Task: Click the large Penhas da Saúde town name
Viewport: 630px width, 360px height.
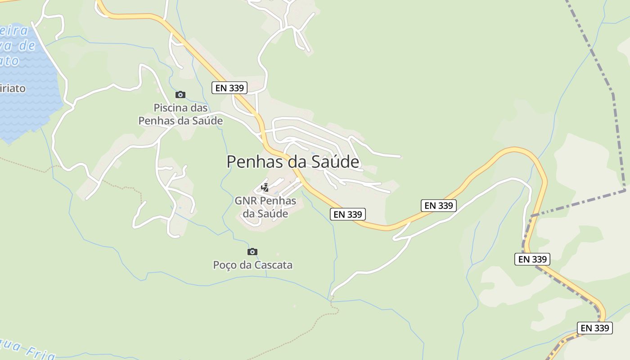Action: [x=293, y=162]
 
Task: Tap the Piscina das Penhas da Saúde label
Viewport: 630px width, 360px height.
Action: [x=180, y=114]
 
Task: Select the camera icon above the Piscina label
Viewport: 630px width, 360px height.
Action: [x=180, y=94]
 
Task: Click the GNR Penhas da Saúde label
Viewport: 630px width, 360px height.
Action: [x=265, y=207]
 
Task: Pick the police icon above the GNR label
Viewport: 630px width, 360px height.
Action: [x=265, y=187]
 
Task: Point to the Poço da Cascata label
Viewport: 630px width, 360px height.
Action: [x=252, y=265]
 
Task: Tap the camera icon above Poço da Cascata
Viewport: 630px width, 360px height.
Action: [x=252, y=252]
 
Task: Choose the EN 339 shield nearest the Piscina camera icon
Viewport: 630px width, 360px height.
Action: [x=229, y=88]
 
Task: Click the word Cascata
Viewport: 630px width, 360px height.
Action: [x=273, y=265]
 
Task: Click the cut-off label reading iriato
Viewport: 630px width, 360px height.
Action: [x=13, y=88]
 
